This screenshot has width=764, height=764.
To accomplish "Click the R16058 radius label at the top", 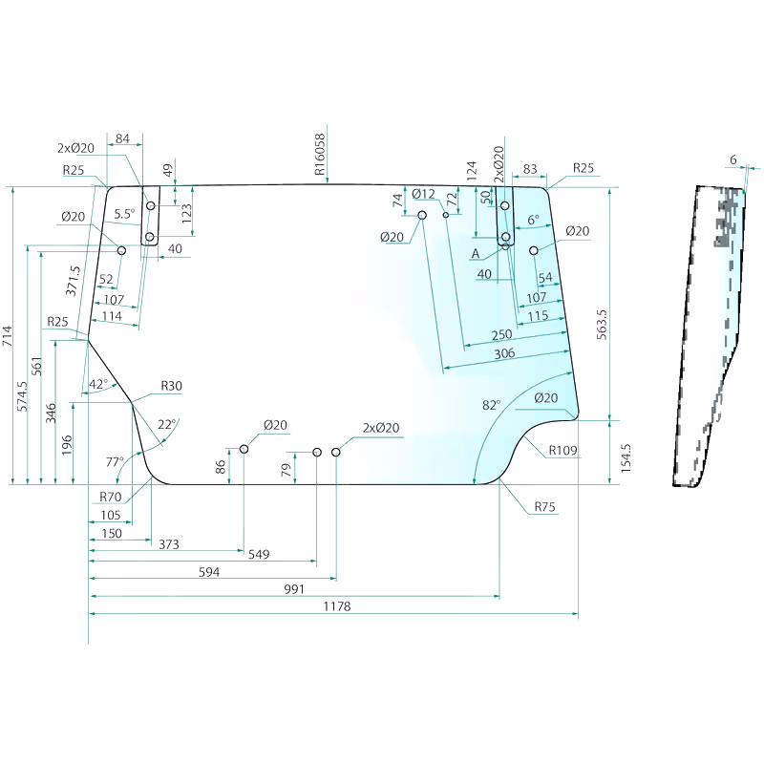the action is pyautogui.click(x=320, y=155).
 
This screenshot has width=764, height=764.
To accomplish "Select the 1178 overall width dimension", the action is pyautogui.click(x=337, y=606).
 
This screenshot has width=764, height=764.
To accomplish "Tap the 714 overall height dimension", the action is pyautogui.click(x=7, y=336).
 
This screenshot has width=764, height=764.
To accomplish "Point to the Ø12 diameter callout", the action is pyautogui.click(x=423, y=194).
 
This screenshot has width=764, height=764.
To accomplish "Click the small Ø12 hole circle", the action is pyautogui.click(x=445, y=215).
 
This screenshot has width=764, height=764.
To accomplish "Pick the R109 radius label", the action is pyautogui.click(x=562, y=450).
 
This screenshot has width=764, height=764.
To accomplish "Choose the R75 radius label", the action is pyautogui.click(x=544, y=507).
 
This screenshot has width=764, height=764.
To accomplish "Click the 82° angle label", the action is pyautogui.click(x=491, y=405).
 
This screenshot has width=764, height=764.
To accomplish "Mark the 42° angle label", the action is pyautogui.click(x=98, y=384).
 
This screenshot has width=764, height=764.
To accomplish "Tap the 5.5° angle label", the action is pyautogui.click(x=124, y=213).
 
